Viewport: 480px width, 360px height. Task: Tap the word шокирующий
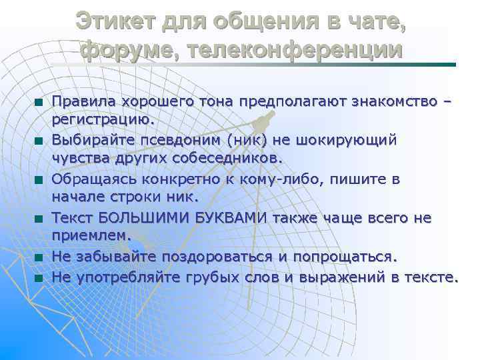[349, 141]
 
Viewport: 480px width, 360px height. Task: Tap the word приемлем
[93, 236]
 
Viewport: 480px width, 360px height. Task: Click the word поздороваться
[227, 257]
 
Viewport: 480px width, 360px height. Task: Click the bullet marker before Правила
[40, 103]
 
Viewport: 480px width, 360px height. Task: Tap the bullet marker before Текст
[40, 219]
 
